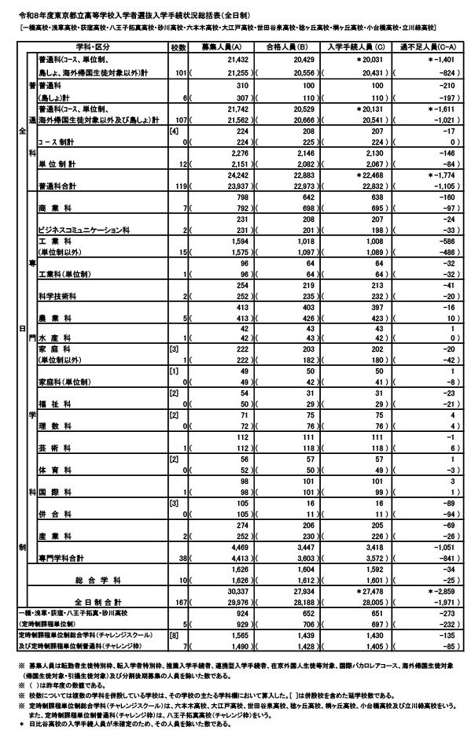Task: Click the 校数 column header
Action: click(177, 47)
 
